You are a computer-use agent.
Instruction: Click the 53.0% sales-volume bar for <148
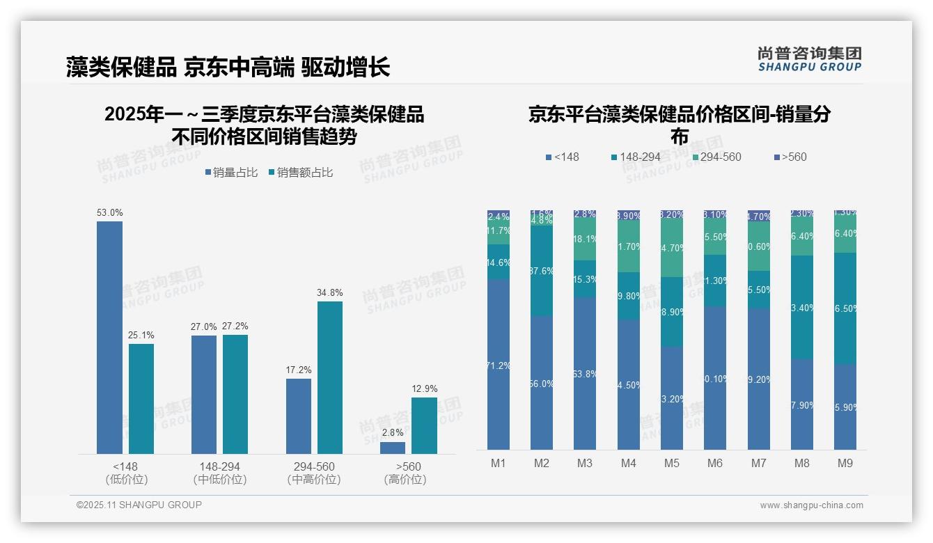109,338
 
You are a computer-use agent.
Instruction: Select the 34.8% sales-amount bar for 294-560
329,377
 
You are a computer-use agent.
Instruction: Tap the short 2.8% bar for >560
393,448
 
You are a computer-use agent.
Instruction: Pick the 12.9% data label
425,389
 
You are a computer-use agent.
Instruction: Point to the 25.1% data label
141,336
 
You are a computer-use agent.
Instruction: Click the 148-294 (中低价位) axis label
219,473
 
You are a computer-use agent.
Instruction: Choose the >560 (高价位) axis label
405,473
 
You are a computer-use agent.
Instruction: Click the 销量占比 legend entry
231,173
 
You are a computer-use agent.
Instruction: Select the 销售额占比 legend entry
300,173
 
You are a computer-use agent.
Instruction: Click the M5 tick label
672,463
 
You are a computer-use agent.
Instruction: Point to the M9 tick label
845,463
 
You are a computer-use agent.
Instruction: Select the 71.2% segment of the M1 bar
499,365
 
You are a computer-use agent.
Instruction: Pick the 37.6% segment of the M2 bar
542,271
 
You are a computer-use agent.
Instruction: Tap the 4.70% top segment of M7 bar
759,216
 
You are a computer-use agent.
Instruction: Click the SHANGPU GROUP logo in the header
810,59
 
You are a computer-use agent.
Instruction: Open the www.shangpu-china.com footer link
811,505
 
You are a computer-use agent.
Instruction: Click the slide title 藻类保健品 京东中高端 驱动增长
228,67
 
